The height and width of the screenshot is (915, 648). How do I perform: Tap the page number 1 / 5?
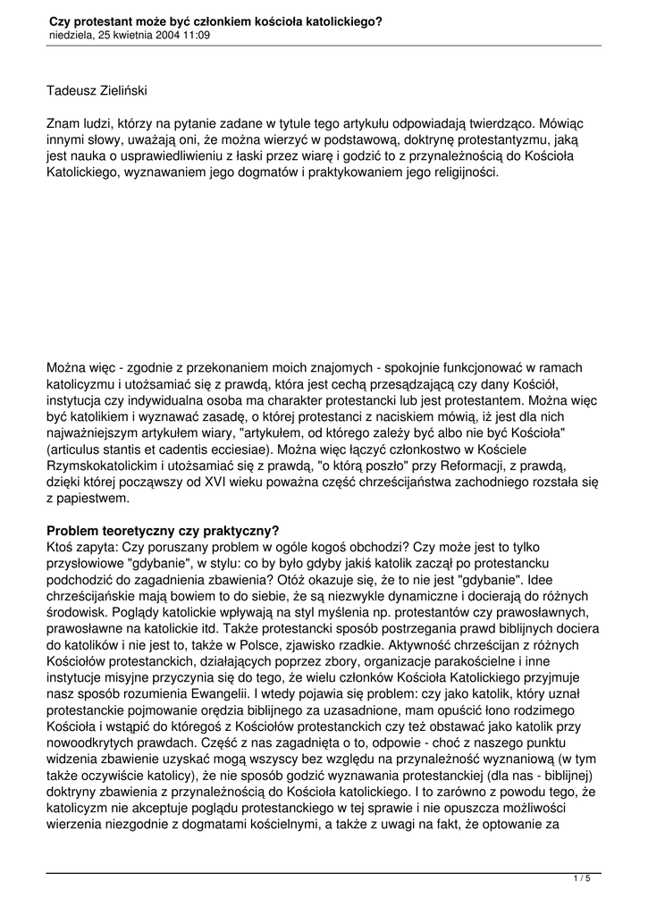click(x=582, y=879)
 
